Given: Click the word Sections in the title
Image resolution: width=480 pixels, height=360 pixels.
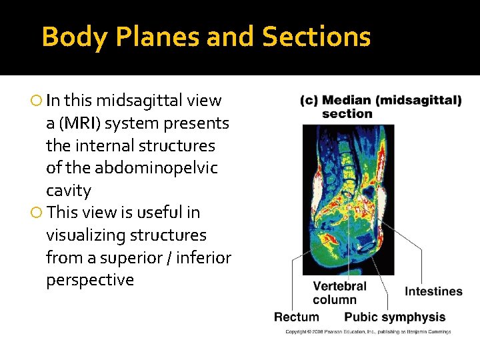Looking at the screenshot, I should coord(316,37).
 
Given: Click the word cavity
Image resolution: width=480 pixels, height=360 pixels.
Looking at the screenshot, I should coord(69,191).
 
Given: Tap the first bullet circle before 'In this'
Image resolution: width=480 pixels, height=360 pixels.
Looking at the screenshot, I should coord(36,101).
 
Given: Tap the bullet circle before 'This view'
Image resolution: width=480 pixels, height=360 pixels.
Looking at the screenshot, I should coord(36,213).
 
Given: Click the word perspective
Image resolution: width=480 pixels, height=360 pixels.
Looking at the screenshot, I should coord(90,280).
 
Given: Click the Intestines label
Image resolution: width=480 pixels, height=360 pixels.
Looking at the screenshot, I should coord(433,291).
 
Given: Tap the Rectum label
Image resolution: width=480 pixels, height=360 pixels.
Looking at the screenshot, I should coord(296,317).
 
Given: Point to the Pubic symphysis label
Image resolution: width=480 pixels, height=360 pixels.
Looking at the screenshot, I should coord(395,317).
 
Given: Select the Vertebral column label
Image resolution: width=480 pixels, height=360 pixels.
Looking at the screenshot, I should coord(339,293).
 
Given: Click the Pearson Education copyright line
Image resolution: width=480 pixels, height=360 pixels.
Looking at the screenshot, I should coord(368,331).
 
